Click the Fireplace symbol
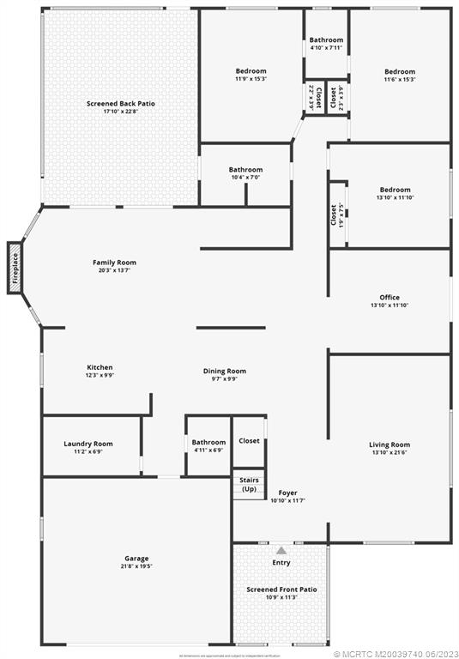[x=15, y=267]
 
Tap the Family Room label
[x=114, y=263]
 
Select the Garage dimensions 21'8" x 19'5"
[x=136, y=568]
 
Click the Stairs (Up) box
[x=249, y=485]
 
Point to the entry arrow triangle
[x=281, y=550]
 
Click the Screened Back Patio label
[x=121, y=104]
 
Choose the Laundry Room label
[x=88, y=444]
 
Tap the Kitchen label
[x=100, y=367]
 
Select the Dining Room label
[x=225, y=371]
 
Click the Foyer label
[x=287, y=493]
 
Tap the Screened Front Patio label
[x=281, y=589]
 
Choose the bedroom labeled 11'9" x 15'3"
[x=251, y=71]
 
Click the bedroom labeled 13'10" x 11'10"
[x=395, y=190]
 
